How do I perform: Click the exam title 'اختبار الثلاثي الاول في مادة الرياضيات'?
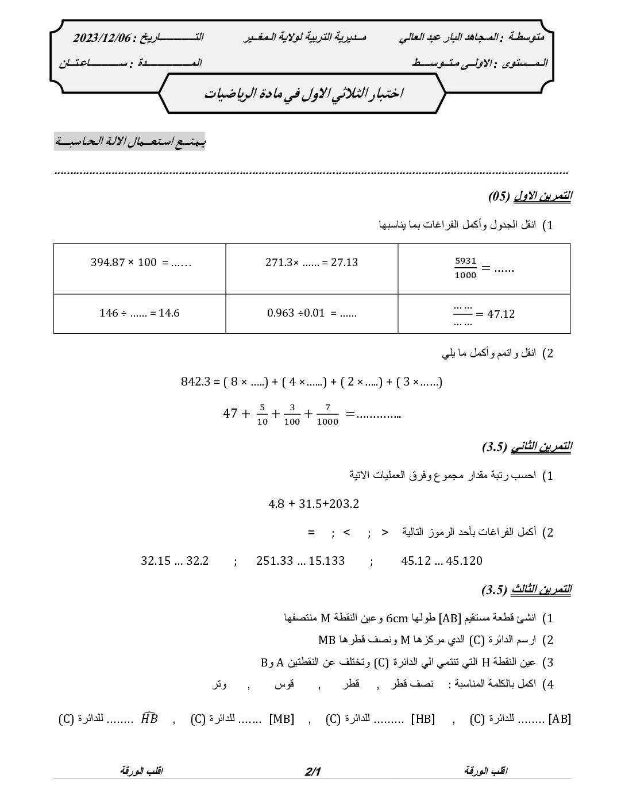coord(304,94)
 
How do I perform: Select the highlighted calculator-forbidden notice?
coord(129,141)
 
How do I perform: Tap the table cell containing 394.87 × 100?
coord(140,268)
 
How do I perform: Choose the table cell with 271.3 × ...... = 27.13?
coord(312,268)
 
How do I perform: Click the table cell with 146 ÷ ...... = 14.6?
coord(140,313)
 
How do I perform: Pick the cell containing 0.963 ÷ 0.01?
coord(312,313)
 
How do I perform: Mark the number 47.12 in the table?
coord(500,314)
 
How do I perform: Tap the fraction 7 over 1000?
coord(327,414)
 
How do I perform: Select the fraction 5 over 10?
coord(261,414)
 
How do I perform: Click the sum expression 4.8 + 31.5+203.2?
coord(314,504)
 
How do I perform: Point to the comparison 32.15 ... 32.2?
coord(175,560)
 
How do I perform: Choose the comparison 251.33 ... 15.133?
coord(300,560)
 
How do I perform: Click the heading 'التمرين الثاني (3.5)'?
coord(527,446)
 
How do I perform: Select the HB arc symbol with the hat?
coord(149,718)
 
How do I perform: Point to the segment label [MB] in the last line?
coord(281,719)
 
